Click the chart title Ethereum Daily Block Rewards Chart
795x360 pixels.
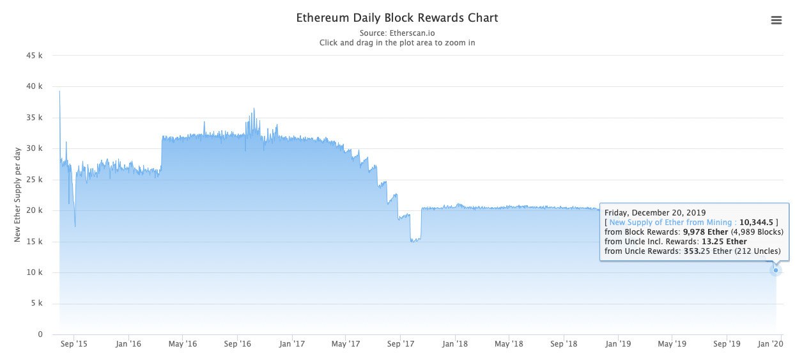tap(397, 18)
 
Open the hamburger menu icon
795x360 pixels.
tap(776, 20)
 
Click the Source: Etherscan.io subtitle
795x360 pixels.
tap(397, 33)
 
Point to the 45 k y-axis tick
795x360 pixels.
tap(35, 56)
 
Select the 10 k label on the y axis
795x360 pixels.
tap(35, 272)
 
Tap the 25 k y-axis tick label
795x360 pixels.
tap(35, 180)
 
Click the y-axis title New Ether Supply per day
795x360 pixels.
tap(18, 194)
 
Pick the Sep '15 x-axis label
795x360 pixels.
tap(74, 344)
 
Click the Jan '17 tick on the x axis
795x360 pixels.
tap(292, 344)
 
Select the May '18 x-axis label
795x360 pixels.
tap(509, 344)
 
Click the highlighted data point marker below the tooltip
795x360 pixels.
tap(776, 270)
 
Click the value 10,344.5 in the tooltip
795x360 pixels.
tap(757, 223)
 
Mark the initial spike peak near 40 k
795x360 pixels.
tap(59, 91)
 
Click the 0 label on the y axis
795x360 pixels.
tap(40, 334)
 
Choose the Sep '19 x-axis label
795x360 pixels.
tap(727, 344)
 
